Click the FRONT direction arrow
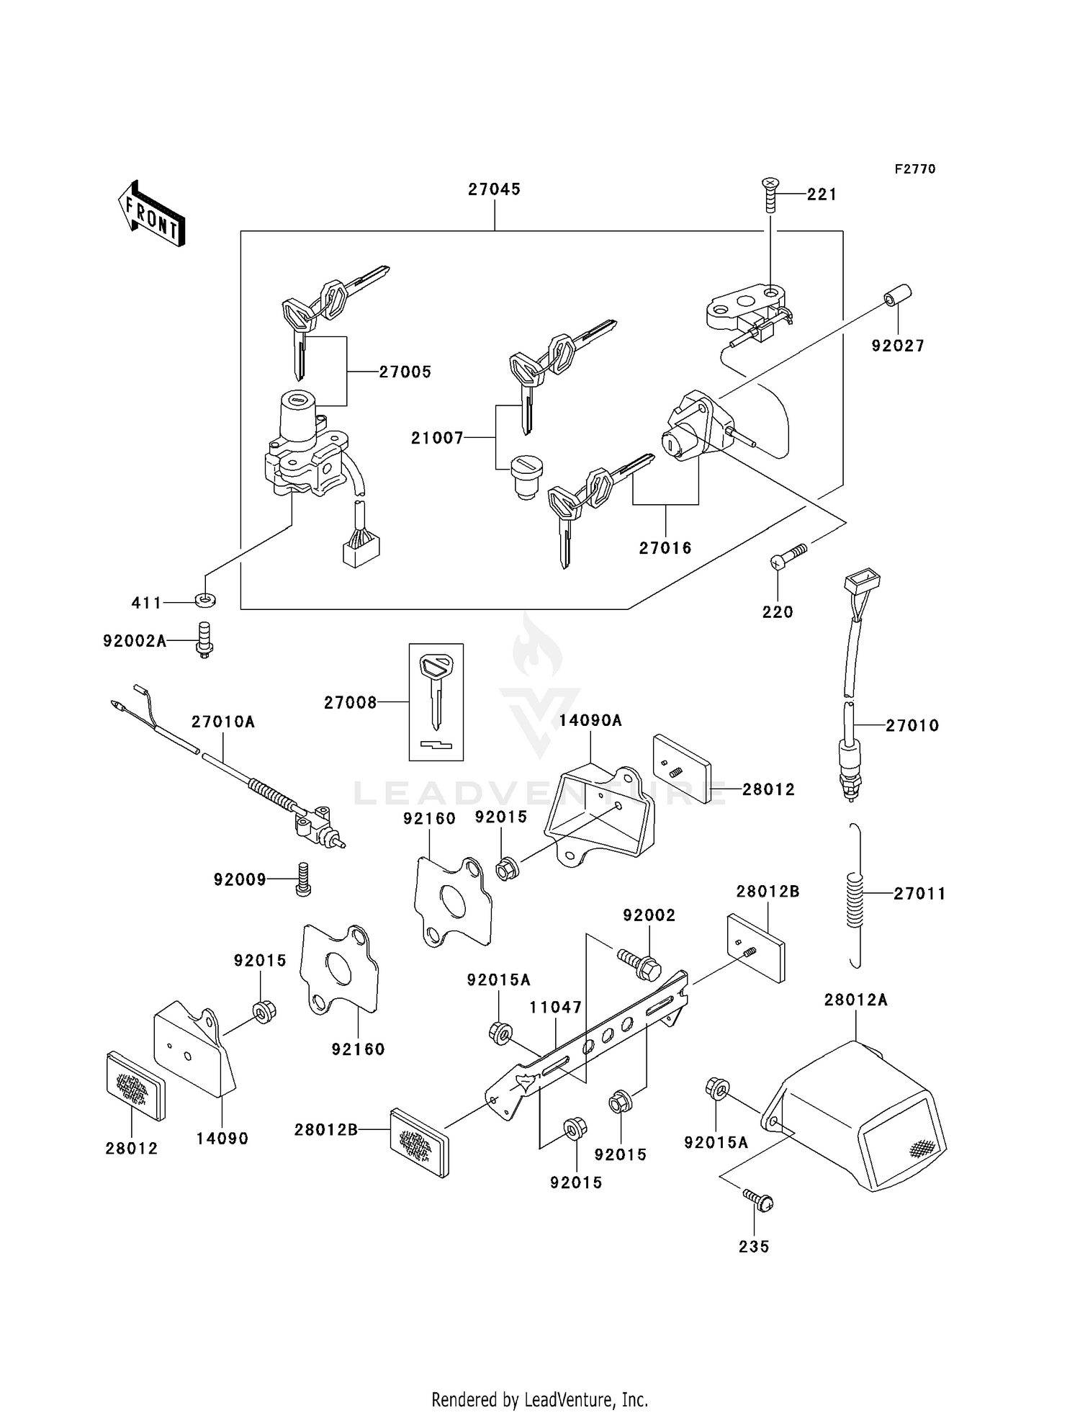[152, 214]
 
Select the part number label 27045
[494, 189]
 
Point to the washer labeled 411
[205, 599]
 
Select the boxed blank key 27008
[436, 701]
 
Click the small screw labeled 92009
[303, 879]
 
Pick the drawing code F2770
[914, 169]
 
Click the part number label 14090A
[590, 720]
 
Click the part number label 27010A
[223, 722]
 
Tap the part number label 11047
[555, 1008]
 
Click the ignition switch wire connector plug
[361, 551]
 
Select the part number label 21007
[437, 438]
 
